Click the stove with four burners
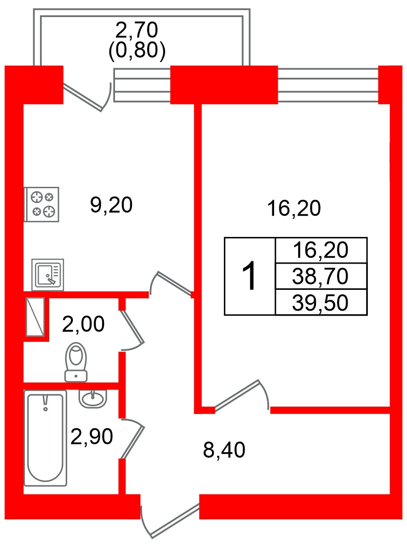(42, 204)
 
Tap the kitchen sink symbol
(47, 275)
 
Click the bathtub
(45, 438)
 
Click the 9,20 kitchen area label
(111, 205)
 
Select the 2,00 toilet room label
(83, 325)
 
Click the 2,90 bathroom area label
(92, 437)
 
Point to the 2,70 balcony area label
(137, 30)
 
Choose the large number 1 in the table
(250, 276)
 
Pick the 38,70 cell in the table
(321, 276)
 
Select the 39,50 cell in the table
(321, 303)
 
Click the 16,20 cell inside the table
(321, 251)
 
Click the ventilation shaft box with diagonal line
(35, 317)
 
